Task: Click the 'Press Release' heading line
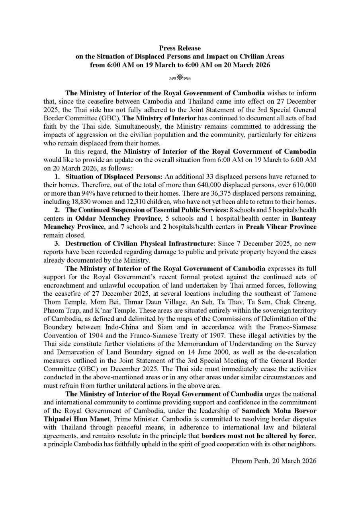pos(180,48)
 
